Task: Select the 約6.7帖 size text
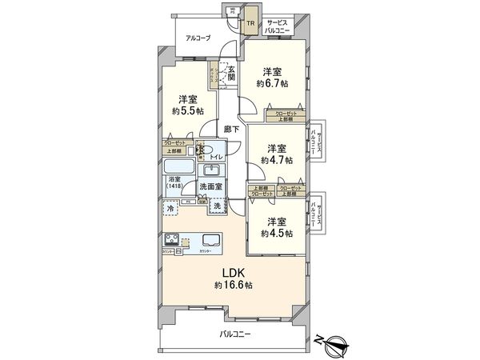(273, 82)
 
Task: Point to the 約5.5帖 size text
(189, 110)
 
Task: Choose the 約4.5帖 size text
(277, 233)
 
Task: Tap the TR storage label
(250, 24)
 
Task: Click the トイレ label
(216, 158)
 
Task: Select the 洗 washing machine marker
(218, 207)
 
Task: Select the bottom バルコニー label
(235, 334)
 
